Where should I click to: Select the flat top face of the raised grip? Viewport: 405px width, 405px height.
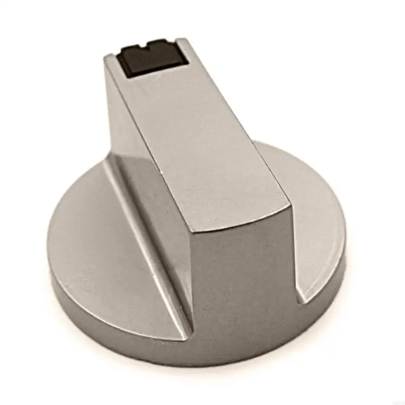202,137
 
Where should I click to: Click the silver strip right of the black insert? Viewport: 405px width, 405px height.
183,51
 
